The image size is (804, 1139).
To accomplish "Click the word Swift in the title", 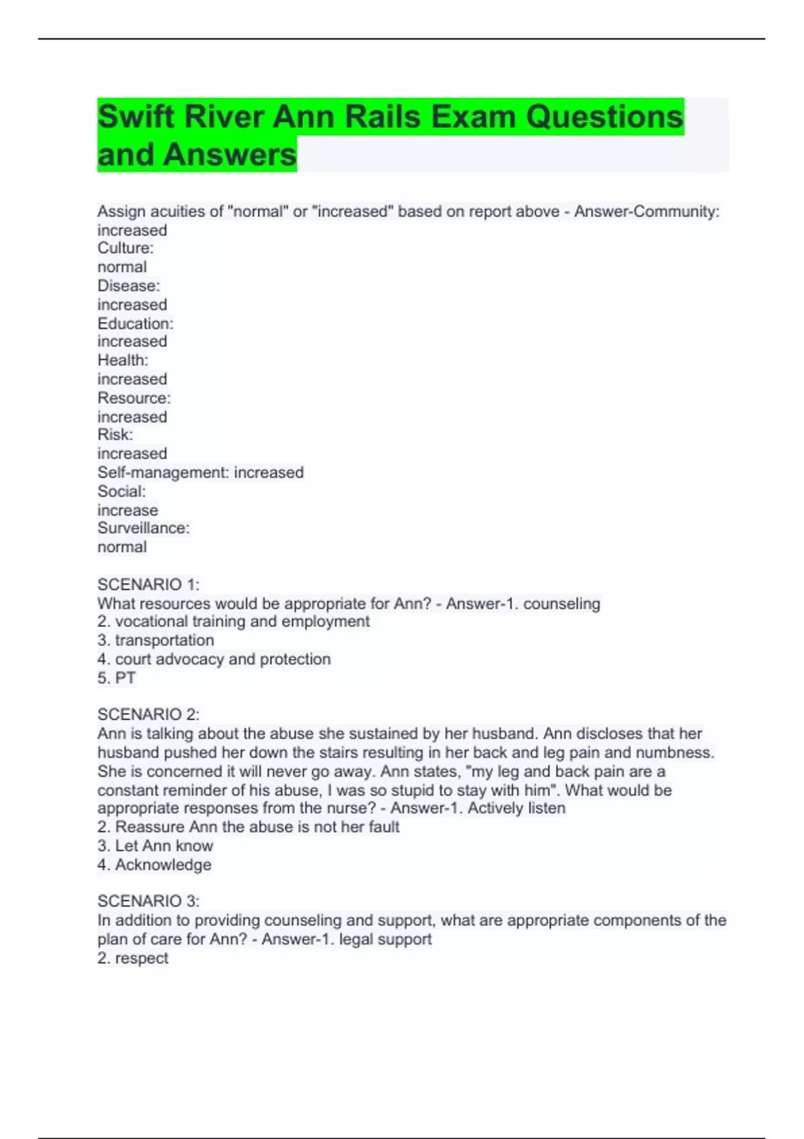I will pyautogui.click(x=137, y=117).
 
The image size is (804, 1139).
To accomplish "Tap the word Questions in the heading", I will pyautogui.click(x=604, y=117).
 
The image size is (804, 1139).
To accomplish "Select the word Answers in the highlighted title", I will pyautogui.click(x=229, y=155).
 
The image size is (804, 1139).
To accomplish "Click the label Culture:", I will pyautogui.click(x=125, y=248).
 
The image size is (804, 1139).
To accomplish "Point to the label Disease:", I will pyautogui.click(x=129, y=285).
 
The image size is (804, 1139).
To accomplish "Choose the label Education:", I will pyautogui.click(x=135, y=324).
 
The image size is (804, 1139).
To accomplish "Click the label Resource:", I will pyautogui.click(x=134, y=398).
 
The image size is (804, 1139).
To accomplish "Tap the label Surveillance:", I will pyautogui.click(x=143, y=528).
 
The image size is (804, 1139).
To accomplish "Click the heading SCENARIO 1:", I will pyautogui.click(x=148, y=584).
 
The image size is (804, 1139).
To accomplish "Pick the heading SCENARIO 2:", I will pyautogui.click(x=148, y=714).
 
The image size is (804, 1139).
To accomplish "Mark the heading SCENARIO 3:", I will pyautogui.click(x=148, y=900).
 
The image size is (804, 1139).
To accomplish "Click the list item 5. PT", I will pyautogui.click(x=117, y=678).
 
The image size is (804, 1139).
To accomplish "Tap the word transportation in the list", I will pyautogui.click(x=164, y=641).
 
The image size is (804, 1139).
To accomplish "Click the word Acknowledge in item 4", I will pyautogui.click(x=163, y=865).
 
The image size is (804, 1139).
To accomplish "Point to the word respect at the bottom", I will pyautogui.click(x=141, y=958).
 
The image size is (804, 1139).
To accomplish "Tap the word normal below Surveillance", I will pyautogui.click(x=122, y=547).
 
